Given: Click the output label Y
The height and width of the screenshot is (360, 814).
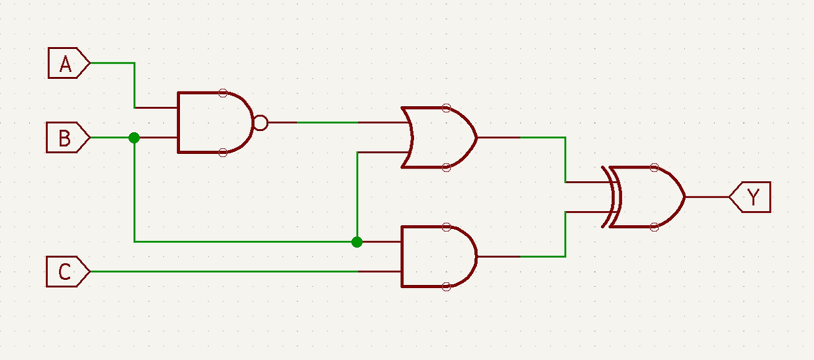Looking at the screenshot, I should [x=751, y=197].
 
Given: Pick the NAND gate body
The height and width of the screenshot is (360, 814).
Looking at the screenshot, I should [x=213, y=123].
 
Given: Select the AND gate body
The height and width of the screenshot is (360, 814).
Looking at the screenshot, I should [x=436, y=257].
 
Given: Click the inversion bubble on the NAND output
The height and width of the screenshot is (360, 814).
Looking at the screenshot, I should [x=260, y=123].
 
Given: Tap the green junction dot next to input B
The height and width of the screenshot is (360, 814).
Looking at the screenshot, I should [x=134, y=137].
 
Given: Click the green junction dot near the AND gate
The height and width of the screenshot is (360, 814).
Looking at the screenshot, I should [x=357, y=242].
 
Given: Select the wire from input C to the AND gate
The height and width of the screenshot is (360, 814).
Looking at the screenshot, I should [x=223, y=272].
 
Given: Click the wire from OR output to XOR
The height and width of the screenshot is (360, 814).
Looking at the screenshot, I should [x=565, y=159].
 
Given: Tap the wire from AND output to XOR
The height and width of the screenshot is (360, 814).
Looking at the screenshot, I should [x=565, y=235].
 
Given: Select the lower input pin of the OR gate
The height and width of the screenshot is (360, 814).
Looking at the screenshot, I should [x=382, y=153].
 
